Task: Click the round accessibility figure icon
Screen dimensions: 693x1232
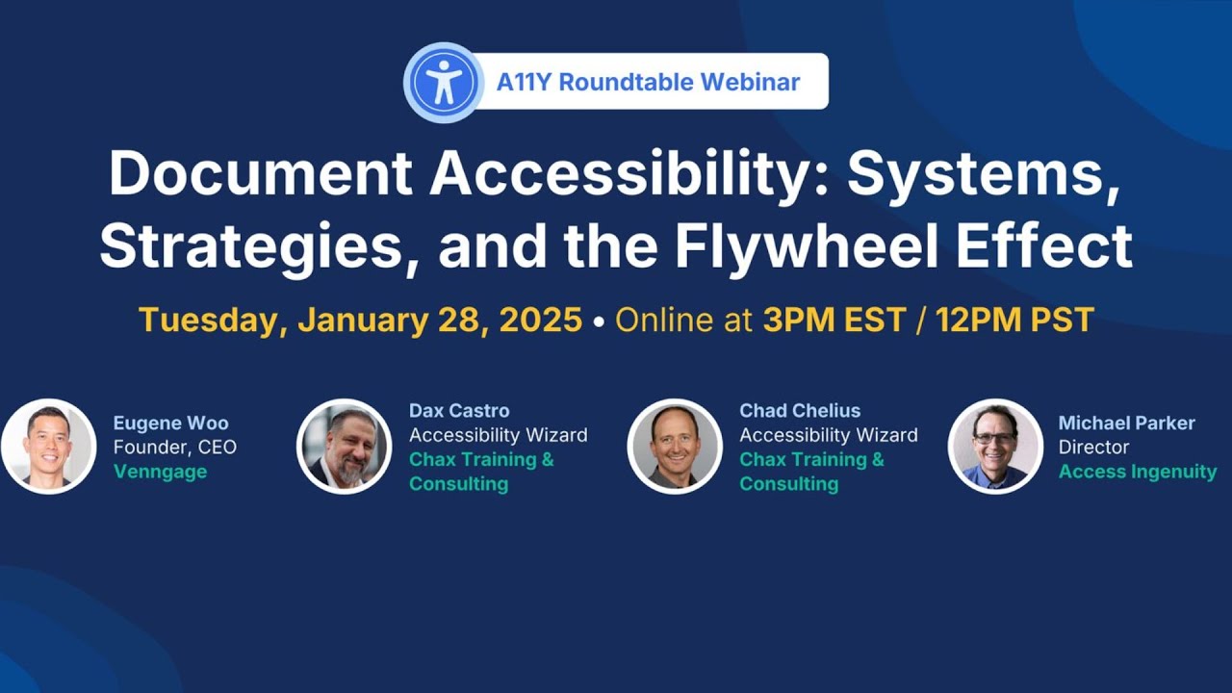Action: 443,83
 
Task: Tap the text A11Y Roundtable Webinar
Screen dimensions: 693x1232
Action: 648,82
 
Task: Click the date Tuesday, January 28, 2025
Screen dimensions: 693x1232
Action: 360,320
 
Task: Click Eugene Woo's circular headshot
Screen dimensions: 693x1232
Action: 48,447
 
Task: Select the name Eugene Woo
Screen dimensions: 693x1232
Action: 170,423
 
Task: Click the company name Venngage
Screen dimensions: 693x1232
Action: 161,472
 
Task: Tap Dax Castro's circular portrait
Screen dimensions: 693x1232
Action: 344,447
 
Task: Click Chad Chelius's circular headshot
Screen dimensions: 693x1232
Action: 674,447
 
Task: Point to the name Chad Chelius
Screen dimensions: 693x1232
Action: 800,411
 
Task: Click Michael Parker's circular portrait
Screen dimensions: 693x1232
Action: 994,447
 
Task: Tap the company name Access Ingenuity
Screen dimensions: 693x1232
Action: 1137,472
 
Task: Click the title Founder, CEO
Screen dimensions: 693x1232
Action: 174,448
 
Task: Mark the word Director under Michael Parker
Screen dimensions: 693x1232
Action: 1093,448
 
